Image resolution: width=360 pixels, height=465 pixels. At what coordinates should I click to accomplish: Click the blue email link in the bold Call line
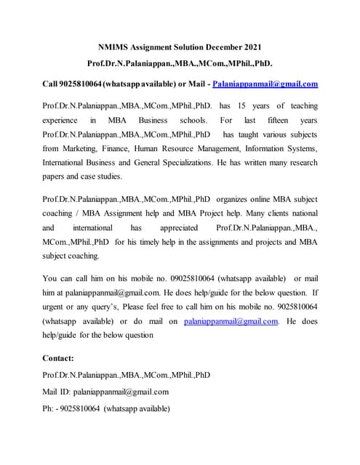coord(265,84)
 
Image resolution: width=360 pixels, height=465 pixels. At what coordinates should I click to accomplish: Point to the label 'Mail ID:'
coord(60,392)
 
